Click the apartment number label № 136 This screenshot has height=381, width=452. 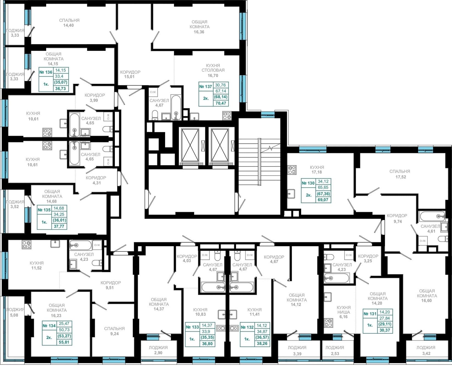click(x=46, y=72)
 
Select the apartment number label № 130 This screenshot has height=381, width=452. click(x=308, y=183)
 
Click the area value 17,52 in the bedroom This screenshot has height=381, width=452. click(x=401, y=177)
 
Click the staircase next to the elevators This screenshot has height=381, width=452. click(x=259, y=162)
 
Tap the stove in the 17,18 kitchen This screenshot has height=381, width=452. click(x=292, y=170)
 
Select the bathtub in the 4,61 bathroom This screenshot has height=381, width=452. click(x=432, y=216)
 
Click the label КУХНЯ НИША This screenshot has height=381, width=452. click(x=343, y=310)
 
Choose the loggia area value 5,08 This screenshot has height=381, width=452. click(x=14, y=315)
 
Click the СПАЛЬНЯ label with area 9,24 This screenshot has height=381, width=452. click(x=114, y=329)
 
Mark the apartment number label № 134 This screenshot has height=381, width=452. click(x=49, y=326)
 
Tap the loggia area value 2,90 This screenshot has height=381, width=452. click(x=158, y=353)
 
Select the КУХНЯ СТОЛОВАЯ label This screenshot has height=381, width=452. click(x=213, y=68)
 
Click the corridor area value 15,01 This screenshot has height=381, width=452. click(x=129, y=77)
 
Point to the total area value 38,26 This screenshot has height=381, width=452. click(x=262, y=343)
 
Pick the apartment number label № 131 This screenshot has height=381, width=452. click(x=370, y=314)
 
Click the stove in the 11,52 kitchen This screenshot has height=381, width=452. click(x=27, y=244)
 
